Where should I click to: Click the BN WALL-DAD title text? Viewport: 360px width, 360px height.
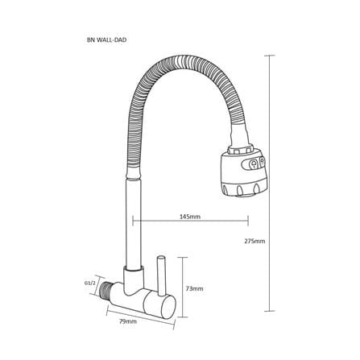click(107, 40)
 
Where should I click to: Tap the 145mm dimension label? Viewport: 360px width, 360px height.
click(190, 217)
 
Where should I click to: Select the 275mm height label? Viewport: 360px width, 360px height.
click(254, 241)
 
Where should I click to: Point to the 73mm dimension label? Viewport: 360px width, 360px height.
click(194, 289)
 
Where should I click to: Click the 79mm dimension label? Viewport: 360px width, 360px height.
click(128, 321)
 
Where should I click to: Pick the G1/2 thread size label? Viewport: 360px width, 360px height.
click(90, 283)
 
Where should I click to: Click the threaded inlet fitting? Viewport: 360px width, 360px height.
click(106, 292)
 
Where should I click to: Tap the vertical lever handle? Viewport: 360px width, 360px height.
click(161, 275)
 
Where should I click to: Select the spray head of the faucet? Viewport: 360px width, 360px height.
click(242, 172)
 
